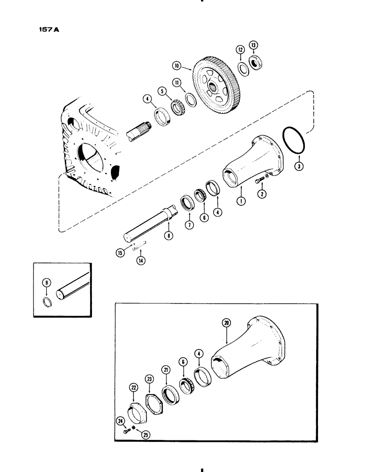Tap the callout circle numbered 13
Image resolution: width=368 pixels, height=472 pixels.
254,45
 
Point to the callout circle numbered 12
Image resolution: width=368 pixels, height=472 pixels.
240,49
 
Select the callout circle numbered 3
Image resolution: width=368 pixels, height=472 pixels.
298,166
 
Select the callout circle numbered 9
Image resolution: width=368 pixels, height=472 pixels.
46,283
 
